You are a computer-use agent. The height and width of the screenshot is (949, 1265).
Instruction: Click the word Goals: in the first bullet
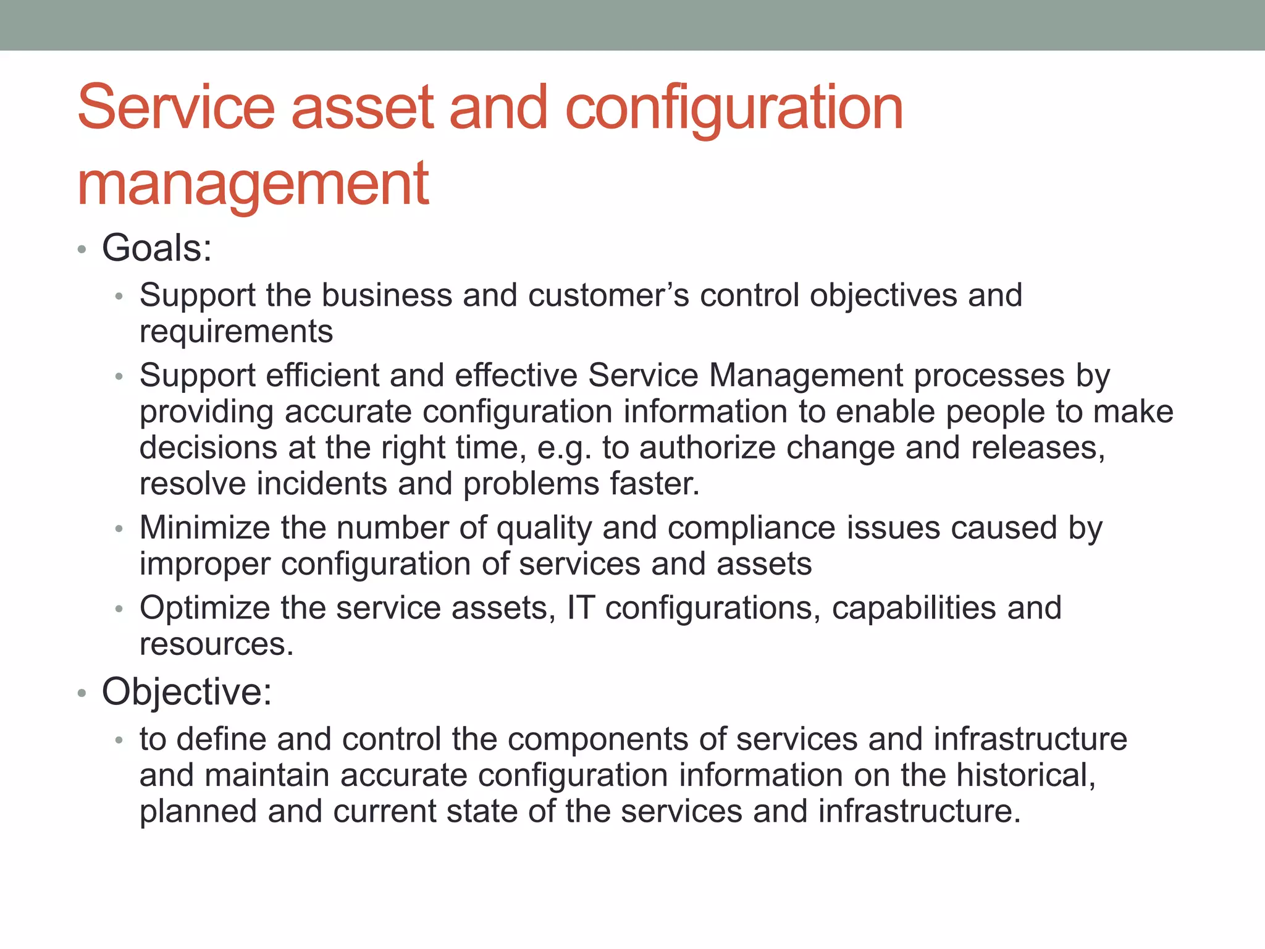coord(157,248)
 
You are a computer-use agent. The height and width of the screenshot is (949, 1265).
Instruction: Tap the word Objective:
coord(187,691)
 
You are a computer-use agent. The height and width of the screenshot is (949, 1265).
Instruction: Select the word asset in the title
coord(363,108)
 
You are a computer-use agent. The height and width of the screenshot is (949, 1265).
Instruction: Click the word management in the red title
coord(253,184)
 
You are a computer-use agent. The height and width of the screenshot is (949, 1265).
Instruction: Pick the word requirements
coord(236,332)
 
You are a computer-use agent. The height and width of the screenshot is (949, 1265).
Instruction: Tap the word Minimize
coord(204,528)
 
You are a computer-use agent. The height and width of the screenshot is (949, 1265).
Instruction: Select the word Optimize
coord(204,608)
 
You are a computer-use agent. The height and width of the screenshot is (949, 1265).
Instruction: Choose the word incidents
coord(322,484)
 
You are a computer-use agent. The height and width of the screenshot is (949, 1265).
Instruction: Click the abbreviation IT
coord(580,608)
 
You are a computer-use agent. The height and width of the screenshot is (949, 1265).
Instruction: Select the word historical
coord(1025,775)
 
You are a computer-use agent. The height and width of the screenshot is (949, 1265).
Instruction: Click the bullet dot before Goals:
coord(82,250)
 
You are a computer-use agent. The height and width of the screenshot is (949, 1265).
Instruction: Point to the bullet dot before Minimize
coord(119,529)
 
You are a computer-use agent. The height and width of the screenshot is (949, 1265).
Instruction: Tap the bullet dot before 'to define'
coord(119,741)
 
